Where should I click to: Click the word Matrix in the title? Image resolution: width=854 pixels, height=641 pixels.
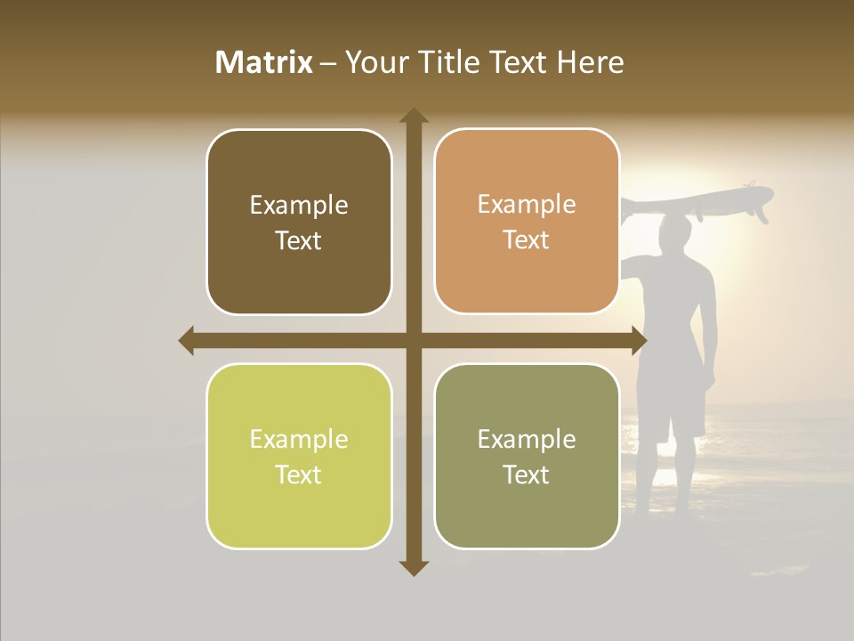click(x=264, y=62)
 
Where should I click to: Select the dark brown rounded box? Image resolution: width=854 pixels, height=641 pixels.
click(x=299, y=223)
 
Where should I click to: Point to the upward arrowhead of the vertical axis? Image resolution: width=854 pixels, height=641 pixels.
click(x=414, y=116)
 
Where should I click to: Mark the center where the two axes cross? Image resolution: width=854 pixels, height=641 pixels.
click(x=414, y=341)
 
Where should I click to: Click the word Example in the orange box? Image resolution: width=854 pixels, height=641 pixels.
click(x=527, y=205)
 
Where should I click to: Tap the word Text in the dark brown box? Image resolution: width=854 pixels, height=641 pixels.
click(x=299, y=241)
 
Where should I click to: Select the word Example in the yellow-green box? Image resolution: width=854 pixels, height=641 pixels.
click(x=299, y=439)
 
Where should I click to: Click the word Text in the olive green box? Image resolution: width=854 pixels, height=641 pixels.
click(x=527, y=475)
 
